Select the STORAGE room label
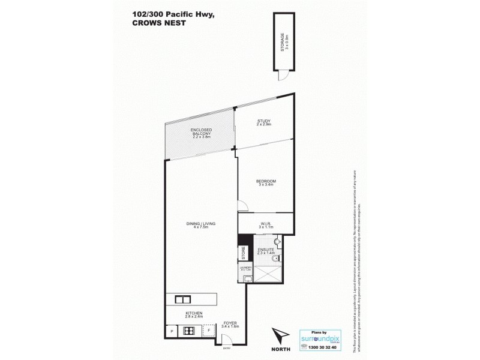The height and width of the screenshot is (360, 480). coord(281,43)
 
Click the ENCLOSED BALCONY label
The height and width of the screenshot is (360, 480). coord(199,133)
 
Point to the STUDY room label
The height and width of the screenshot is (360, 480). coord(264,122)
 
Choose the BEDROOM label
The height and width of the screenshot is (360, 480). coord(265,183)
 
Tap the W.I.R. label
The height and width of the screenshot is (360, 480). coord(265,225)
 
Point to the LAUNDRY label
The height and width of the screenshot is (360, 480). coord(245,269)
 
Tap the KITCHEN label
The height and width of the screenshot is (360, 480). coord(193,316)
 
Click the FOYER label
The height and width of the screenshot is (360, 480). coord(231,325)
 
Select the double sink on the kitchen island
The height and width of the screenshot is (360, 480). coord(182,298)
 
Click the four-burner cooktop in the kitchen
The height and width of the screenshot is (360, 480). coord(189,331)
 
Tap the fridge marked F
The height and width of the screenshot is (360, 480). coord(208,331)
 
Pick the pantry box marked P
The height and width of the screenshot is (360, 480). coord(172,331)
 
